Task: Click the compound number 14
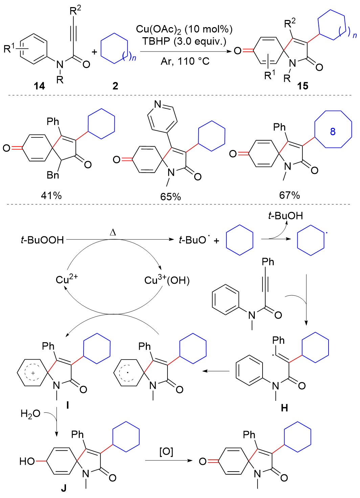[39, 86]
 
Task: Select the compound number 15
[302, 86]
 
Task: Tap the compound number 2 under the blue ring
[115, 86]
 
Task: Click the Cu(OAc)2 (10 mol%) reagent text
[184, 29]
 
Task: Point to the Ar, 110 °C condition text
[185, 62]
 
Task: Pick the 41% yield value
[51, 195]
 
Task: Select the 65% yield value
[171, 197]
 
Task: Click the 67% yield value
[289, 195]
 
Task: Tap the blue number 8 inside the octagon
[333, 131]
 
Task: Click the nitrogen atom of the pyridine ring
[157, 104]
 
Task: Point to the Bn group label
[53, 175]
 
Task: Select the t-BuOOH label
[42, 240]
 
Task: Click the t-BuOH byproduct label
[285, 216]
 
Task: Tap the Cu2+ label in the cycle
[67, 279]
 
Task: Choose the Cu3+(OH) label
[167, 280]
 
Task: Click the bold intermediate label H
[284, 408]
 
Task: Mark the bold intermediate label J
[64, 488]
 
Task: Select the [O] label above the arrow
[166, 452]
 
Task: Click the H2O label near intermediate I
[30, 414]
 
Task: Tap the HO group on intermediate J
[27, 461]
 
